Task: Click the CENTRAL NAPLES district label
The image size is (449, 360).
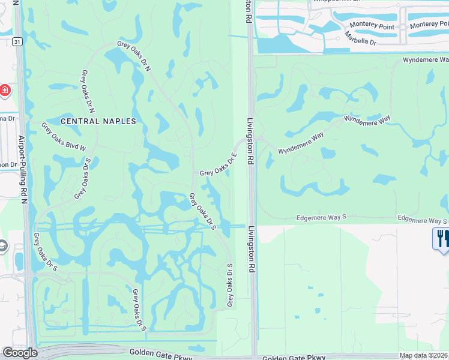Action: pos(98,121)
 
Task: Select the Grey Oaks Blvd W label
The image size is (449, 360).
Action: pos(64,137)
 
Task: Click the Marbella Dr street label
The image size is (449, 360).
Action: pos(361,38)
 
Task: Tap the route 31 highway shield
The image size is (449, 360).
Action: pos(17,41)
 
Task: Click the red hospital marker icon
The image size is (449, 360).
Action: pos(5,91)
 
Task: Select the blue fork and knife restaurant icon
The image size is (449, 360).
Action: pos(441,238)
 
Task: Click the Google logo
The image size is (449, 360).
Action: pos(20,353)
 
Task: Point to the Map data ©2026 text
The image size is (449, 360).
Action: pos(424,355)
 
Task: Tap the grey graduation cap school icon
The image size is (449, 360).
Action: pos(3,246)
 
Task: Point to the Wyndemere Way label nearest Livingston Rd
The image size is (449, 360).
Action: pos(301,143)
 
